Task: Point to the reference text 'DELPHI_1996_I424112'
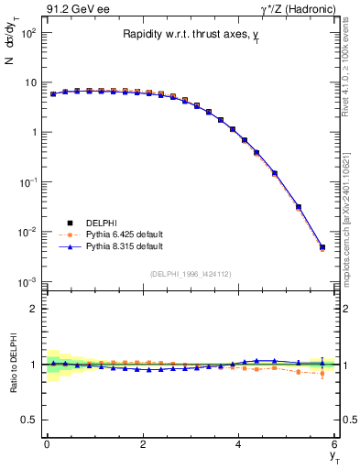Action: point(190,273)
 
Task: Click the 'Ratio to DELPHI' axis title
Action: point(14,364)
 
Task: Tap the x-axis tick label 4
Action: point(238,444)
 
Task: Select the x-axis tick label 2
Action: point(143,444)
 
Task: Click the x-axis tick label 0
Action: point(47,444)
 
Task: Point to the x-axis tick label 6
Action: point(334,444)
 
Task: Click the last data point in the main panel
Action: point(322,246)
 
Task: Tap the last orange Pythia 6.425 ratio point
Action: point(322,373)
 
